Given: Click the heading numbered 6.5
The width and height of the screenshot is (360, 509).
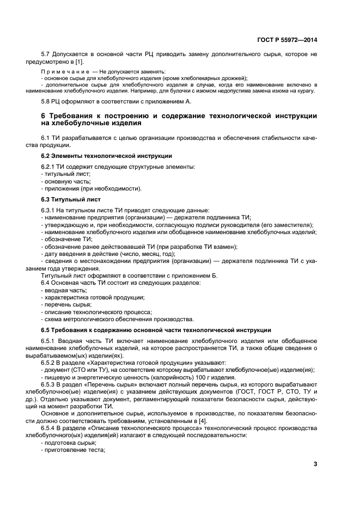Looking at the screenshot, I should pos(46,330).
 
